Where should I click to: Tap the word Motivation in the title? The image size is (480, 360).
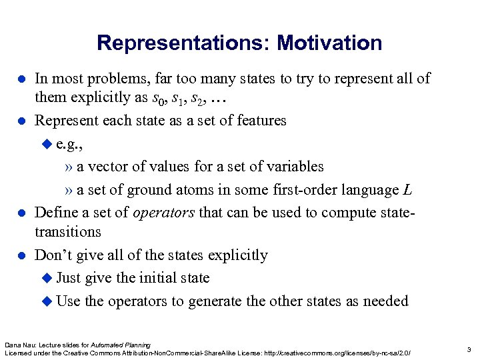pyautogui.click(x=330, y=43)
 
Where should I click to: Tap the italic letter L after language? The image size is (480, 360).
pyautogui.click(x=407, y=190)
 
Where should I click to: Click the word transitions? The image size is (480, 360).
pyautogui.click(x=67, y=232)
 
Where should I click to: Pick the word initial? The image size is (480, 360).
pyautogui.click(x=142, y=278)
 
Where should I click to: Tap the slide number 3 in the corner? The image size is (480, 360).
pyautogui.click(x=469, y=348)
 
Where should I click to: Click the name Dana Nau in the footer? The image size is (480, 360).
pyautogui.click(x=20, y=344)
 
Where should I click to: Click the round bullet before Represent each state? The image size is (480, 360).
pyautogui.click(x=21, y=121)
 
